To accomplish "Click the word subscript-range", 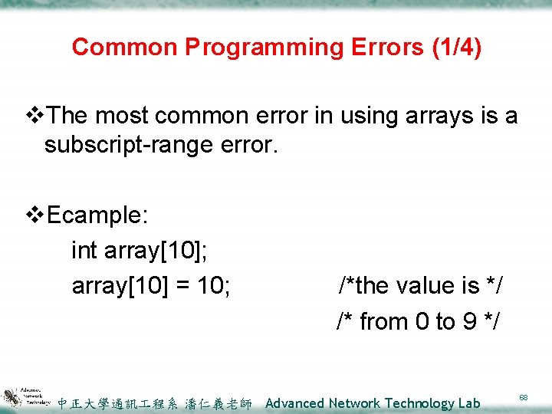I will pos(125,144).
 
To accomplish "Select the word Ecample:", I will pos(97,215).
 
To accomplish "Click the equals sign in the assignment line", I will pos(181,286).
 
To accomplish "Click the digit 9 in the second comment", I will pos(468,321).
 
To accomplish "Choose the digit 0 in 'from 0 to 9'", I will pos(422,321).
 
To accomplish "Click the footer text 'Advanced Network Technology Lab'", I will pos(373,403).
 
